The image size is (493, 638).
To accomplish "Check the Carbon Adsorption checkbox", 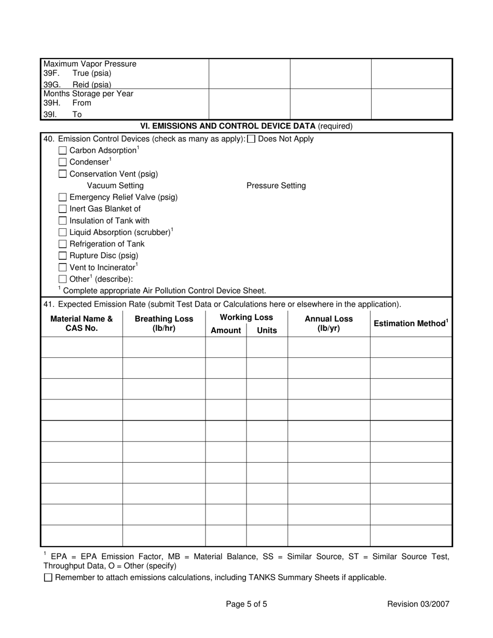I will click(63, 150).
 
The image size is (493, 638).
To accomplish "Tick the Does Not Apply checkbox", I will click(251, 139).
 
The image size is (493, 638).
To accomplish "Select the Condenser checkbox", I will click(63, 162).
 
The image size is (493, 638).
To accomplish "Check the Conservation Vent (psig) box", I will click(63, 174).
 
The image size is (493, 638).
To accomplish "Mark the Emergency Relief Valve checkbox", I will click(63, 198).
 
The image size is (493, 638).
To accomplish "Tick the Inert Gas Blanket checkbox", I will click(63, 209).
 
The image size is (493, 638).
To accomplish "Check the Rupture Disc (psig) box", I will click(63, 256).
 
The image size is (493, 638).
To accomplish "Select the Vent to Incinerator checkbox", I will click(63, 268).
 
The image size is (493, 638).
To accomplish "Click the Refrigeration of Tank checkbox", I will click(63, 244).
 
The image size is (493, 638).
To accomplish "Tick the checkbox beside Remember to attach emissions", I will click(48, 577).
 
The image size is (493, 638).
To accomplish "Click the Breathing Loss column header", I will click(163, 323).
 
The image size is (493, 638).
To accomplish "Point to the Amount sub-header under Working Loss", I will click(226, 330).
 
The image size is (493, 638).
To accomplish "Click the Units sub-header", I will click(267, 330).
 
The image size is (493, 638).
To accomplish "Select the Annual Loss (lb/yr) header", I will click(328, 323).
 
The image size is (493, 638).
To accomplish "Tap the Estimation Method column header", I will click(410, 324).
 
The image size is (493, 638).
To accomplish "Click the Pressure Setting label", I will click(276, 186).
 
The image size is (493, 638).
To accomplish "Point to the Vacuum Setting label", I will click(115, 186).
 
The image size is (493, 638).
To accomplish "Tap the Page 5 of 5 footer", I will click(246, 604).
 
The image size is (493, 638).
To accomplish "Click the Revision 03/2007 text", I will click(418, 604).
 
